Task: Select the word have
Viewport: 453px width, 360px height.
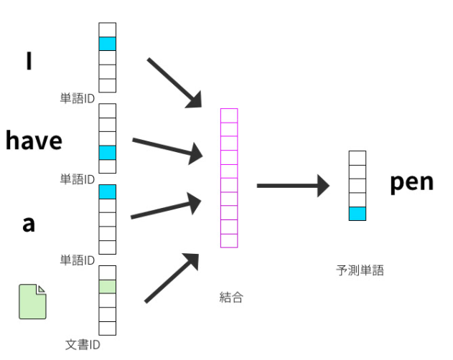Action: click(x=34, y=141)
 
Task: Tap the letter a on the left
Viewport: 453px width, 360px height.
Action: click(x=29, y=224)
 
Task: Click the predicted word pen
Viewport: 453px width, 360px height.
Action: click(x=411, y=182)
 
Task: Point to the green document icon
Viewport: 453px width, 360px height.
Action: click(x=32, y=301)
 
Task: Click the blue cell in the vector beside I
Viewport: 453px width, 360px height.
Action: click(x=107, y=44)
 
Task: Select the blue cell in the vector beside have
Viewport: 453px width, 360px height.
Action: click(x=107, y=152)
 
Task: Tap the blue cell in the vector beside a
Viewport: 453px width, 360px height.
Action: click(x=107, y=191)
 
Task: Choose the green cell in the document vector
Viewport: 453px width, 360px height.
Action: click(x=107, y=287)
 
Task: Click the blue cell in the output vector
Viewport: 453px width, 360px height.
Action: click(x=357, y=213)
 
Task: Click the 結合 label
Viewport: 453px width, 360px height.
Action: click(x=231, y=296)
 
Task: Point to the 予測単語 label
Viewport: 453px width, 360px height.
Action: click(x=360, y=270)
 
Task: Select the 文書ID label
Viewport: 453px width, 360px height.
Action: click(x=82, y=345)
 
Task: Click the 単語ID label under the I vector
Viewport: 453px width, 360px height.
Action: click(x=78, y=98)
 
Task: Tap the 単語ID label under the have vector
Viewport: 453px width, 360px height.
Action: click(x=78, y=179)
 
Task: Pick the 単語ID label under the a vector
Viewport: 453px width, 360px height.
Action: click(x=78, y=260)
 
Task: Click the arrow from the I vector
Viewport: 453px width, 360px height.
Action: click(x=174, y=82)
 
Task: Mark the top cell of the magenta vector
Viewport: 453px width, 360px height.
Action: click(x=229, y=115)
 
